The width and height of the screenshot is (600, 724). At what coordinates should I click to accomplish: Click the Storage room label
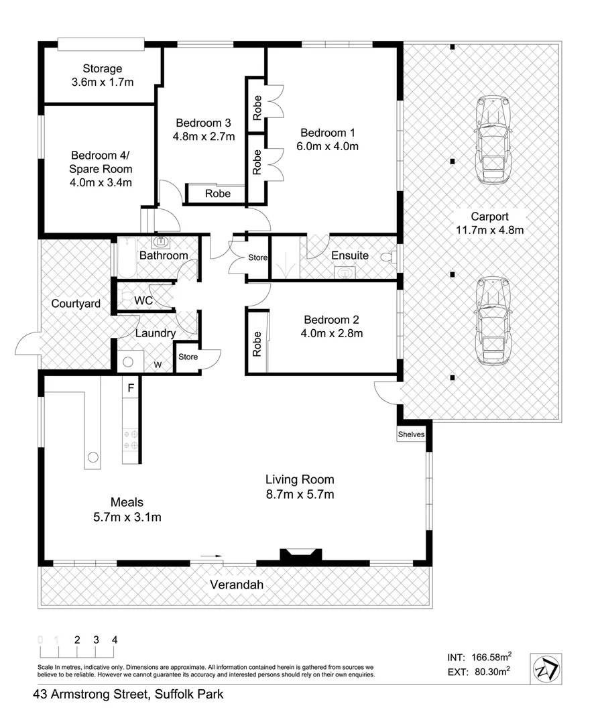coord(102,68)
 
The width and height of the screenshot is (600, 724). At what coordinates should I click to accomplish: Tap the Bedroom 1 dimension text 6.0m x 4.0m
coord(328,146)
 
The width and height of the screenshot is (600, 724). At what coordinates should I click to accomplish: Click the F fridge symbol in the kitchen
coord(131,387)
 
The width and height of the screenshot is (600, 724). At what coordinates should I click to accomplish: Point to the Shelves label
coord(412,434)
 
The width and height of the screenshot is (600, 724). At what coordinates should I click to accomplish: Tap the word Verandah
coord(236,585)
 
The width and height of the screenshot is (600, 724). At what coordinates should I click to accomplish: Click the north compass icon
coord(546,669)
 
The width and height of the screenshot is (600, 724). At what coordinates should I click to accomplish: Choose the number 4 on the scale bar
coord(115,640)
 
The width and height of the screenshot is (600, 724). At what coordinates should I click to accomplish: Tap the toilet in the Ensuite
coord(387,257)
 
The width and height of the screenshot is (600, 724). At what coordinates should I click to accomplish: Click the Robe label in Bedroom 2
coord(256,343)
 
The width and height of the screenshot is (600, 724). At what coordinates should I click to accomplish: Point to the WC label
coord(143,301)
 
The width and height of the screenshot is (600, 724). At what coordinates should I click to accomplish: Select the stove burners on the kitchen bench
coord(130,439)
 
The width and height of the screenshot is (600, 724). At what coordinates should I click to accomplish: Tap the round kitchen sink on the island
coord(93,458)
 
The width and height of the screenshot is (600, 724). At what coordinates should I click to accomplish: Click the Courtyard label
coord(76,304)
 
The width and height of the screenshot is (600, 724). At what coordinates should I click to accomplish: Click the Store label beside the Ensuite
coord(258,257)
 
